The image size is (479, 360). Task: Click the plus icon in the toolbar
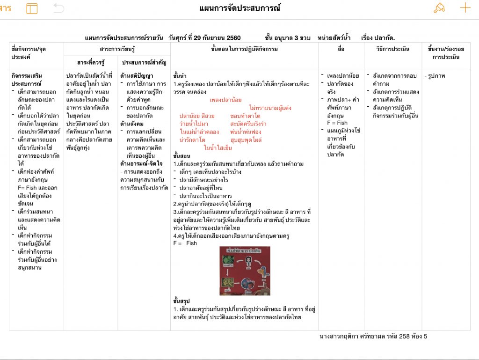[465, 8]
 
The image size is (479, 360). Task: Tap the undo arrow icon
[58, 8]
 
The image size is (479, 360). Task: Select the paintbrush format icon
[439, 8]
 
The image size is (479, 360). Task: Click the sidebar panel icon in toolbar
[32, 8]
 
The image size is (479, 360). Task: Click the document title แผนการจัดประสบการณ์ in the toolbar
[239, 8]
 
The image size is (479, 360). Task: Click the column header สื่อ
[341, 49]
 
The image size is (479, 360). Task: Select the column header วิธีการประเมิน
[392, 49]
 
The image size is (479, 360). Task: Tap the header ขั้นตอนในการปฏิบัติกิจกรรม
[245, 49]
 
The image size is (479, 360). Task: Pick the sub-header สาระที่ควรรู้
[91, 62]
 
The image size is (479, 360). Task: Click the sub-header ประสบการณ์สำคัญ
[144, 62]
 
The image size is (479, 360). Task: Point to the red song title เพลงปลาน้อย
[225, 100]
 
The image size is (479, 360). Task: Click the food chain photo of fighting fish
[245, 271]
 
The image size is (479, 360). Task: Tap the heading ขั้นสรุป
[182, 301]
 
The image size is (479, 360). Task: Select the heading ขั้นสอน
[182, 156]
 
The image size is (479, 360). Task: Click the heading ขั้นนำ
[180, 76]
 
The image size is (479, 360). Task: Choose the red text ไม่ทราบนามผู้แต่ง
[270, 108]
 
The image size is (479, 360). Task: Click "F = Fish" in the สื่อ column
[337, 123]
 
